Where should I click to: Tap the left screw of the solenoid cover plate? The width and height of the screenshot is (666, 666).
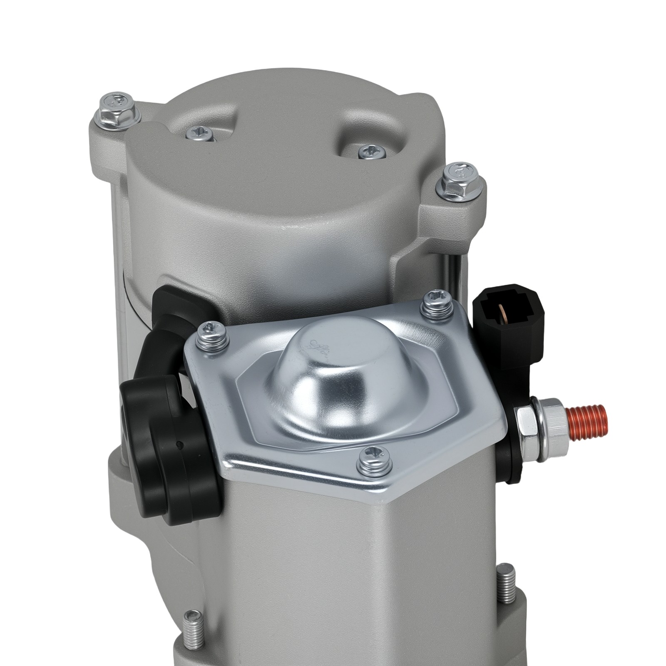[x=213, y=335]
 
